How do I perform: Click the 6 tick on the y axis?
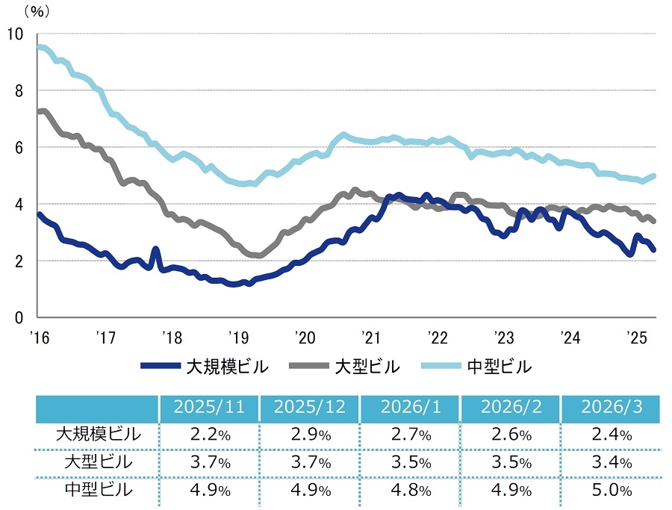[18, 147]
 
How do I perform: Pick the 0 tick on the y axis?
[18, 317]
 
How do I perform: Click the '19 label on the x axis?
[237, 336]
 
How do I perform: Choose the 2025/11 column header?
[208, 408]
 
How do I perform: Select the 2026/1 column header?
[410, 408]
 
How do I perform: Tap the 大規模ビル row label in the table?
[98, 434]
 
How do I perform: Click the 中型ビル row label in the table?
[98, 490]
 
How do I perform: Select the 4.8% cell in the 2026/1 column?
[410, 491]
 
